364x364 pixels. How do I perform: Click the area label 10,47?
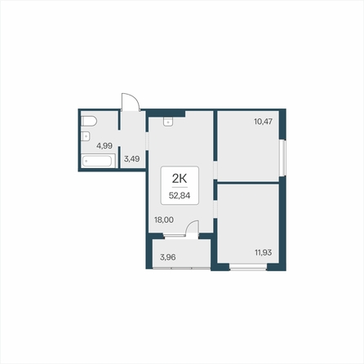263,122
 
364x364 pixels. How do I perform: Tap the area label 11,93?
263,252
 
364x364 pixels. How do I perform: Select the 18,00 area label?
164,220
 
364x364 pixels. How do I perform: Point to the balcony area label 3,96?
168,257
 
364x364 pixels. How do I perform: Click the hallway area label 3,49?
132,158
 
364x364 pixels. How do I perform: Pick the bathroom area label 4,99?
104,146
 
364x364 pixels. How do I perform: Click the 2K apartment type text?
180,179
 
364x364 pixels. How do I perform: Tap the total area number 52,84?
180,195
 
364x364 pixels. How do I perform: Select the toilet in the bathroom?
89,121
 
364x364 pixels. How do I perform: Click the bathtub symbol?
98,161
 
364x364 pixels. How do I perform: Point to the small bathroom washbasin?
86,135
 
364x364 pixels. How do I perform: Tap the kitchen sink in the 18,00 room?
168,122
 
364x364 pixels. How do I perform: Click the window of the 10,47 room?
283,158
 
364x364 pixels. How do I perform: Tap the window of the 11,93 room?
248,268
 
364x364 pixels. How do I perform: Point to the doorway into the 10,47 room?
215,170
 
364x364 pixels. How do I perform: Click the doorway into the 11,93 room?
215,209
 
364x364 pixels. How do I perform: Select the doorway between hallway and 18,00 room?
147,141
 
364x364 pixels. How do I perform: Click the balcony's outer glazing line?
181,269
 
